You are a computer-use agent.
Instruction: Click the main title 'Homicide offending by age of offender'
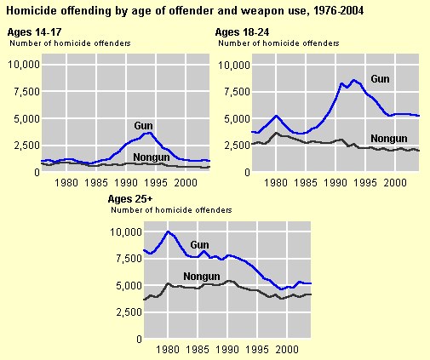pos(170,11)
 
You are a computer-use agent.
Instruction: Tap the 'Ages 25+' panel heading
pos(132,199)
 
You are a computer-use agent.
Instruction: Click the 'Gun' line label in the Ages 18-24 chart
pos(381,79)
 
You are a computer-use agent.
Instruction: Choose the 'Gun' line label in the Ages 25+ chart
pos(200,245)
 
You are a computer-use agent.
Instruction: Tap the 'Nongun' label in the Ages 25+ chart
pos(202,277)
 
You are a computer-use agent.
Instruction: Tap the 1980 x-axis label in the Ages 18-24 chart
pos(277,182)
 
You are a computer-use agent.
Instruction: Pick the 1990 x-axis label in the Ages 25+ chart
pos(229,350)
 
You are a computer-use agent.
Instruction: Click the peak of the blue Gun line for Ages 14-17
pos(149,132)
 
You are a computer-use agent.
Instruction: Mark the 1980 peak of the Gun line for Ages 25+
pos(169,231)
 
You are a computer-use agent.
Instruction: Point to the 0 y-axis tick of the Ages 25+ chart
pos(135,339)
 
